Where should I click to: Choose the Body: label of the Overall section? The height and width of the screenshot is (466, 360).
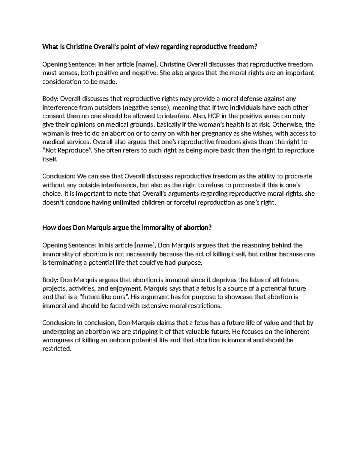(51, 99)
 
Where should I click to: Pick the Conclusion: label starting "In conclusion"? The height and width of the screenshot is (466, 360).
(59, 323)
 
